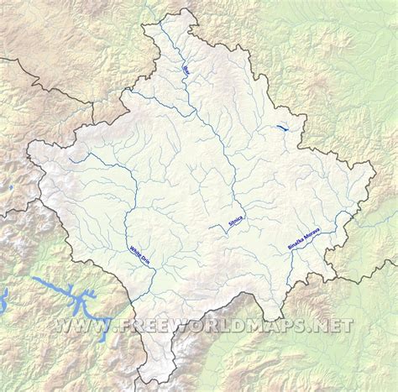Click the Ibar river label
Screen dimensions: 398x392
pos(187,68)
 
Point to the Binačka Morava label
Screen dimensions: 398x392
pos(304,232)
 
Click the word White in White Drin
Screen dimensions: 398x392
pos(134,248)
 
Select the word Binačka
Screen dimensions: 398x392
pos(295,240)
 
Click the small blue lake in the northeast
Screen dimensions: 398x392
pos(285,128)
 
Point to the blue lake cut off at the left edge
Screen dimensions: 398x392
pos(3,296)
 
